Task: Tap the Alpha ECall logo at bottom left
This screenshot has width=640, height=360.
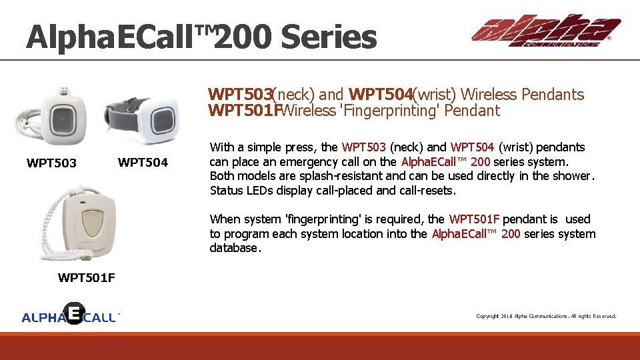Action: click(x=71, y=315)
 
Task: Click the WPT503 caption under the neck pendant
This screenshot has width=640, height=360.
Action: click(x=51, y=163)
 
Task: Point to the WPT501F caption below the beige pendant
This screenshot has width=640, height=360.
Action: click(x=86, y=278)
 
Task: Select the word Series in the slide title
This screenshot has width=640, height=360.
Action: click(x=329, y=37)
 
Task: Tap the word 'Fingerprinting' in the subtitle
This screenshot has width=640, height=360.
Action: click(x=387, y=111)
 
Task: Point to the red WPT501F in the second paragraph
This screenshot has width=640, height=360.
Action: click(x=474, y=219)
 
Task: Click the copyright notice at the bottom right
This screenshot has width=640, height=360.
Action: click(x=545, y=316)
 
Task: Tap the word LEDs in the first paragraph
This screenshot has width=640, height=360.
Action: click(x=256, y=191)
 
